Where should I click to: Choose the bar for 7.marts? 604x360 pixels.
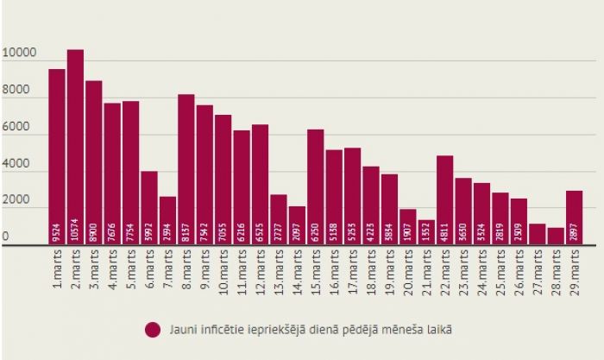point(167,220)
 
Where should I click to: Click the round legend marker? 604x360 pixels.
point(154,329)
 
